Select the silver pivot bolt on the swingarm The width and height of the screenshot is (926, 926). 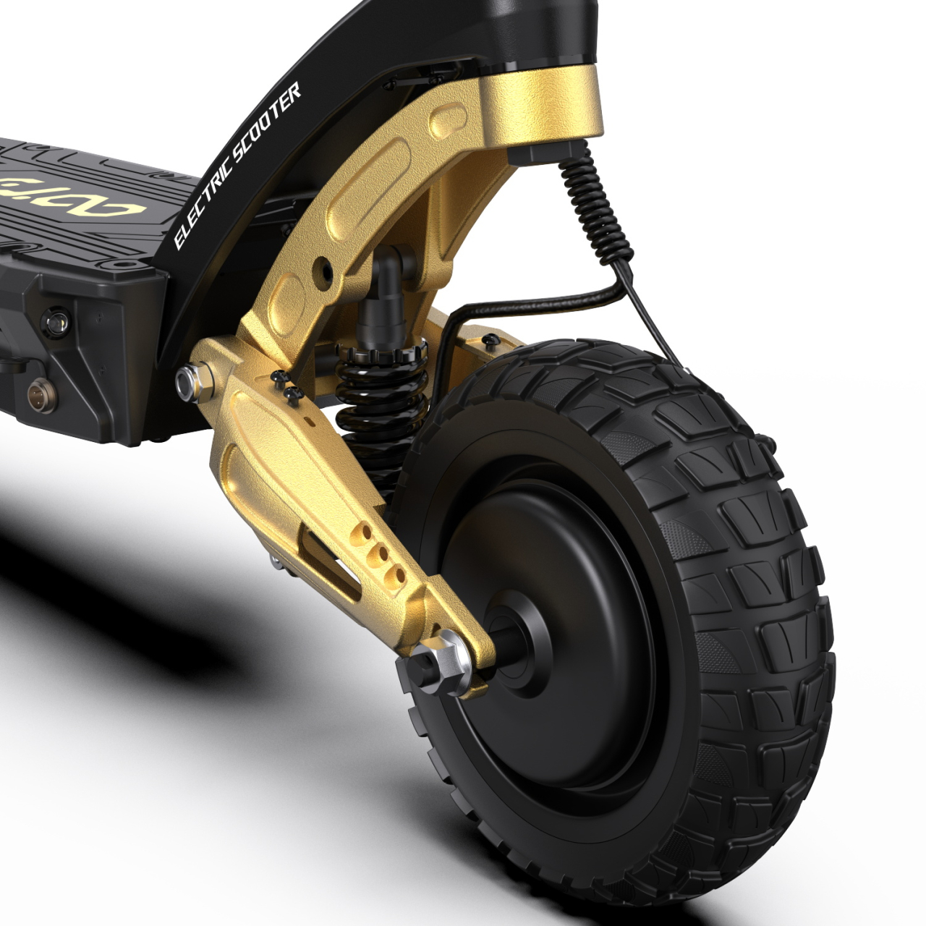click(190, 382)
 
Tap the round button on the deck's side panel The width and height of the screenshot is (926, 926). click(56, 318)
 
